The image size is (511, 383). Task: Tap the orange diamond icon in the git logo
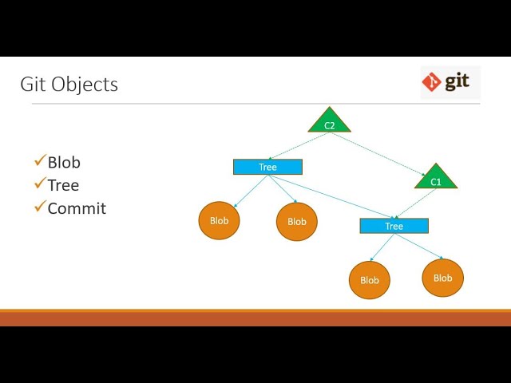(x=432, y=81)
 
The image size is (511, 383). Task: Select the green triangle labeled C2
(x=330, y=122)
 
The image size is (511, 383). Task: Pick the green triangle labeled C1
(x=436, y=179)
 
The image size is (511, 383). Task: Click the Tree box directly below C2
(x=267, y=167)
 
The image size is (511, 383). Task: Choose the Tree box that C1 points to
(x=394, y=226)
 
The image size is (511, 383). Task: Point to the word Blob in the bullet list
(x=64, y=162)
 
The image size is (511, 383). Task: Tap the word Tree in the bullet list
(x=63, y=185)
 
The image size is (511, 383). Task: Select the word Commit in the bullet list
(x=77, y=208)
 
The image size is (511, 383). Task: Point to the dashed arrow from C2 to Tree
(x=299, y=146)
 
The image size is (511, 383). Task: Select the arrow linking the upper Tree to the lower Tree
(x=331, y=195)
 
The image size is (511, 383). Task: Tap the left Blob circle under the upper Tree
(x=219, y=220)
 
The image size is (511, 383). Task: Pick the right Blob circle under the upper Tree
(x=297, y=221)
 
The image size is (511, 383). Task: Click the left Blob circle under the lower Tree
(x=370, y=280)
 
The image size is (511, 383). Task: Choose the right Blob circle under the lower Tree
(x=442, y=278)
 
